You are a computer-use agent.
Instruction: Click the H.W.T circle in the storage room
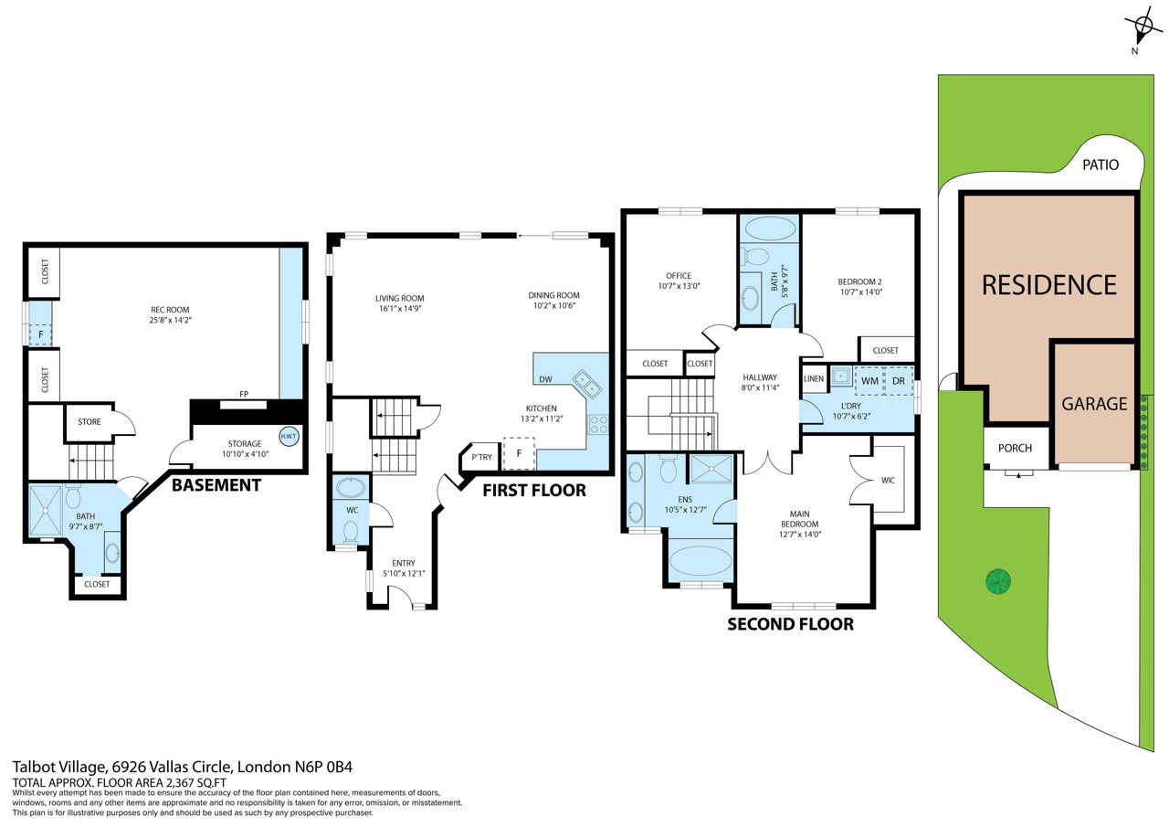coord(290,437)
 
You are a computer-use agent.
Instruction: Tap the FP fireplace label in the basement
coord(244,394)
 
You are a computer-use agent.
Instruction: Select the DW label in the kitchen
coord(545,379)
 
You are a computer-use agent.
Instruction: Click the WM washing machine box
coord(869,381)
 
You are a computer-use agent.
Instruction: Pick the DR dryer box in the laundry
coord(899,381)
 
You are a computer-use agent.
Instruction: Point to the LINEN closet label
coord(814,378)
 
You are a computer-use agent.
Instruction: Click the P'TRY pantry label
coord(481,457)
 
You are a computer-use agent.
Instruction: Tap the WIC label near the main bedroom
coord(888,480)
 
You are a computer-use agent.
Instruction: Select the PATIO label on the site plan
coord(1101,165)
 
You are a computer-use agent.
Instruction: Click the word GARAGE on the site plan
coord(1094,404)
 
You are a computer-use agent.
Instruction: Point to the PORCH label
coord(1015,448)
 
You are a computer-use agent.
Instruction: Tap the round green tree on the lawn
coord(998,581)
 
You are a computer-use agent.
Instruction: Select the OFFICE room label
coord(679,275)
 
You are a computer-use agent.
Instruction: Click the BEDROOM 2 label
coord(860,281)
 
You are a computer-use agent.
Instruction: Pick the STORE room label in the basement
coord(90,421)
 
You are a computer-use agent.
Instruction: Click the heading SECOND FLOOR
coord(790,624)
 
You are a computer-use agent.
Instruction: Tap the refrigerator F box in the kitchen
coord(519,453)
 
